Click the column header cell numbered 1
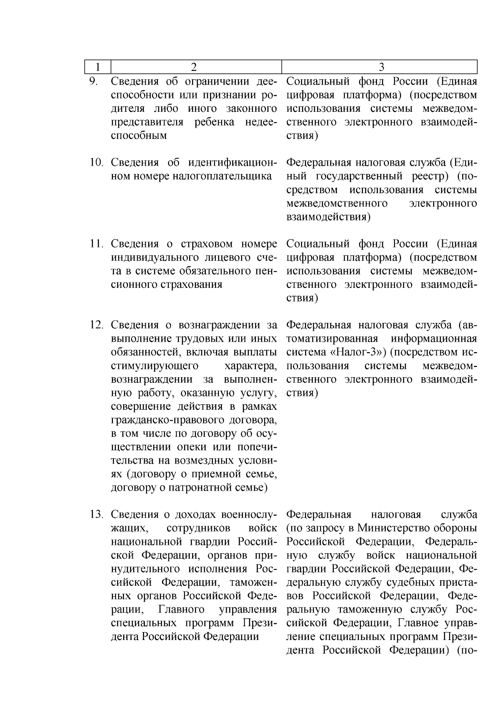coord(97,67)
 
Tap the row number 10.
coord(97,162)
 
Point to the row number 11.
coord(97,244)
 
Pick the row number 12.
coord(97,325)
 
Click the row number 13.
coord(97,515)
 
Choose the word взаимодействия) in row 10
coord(329,217)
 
